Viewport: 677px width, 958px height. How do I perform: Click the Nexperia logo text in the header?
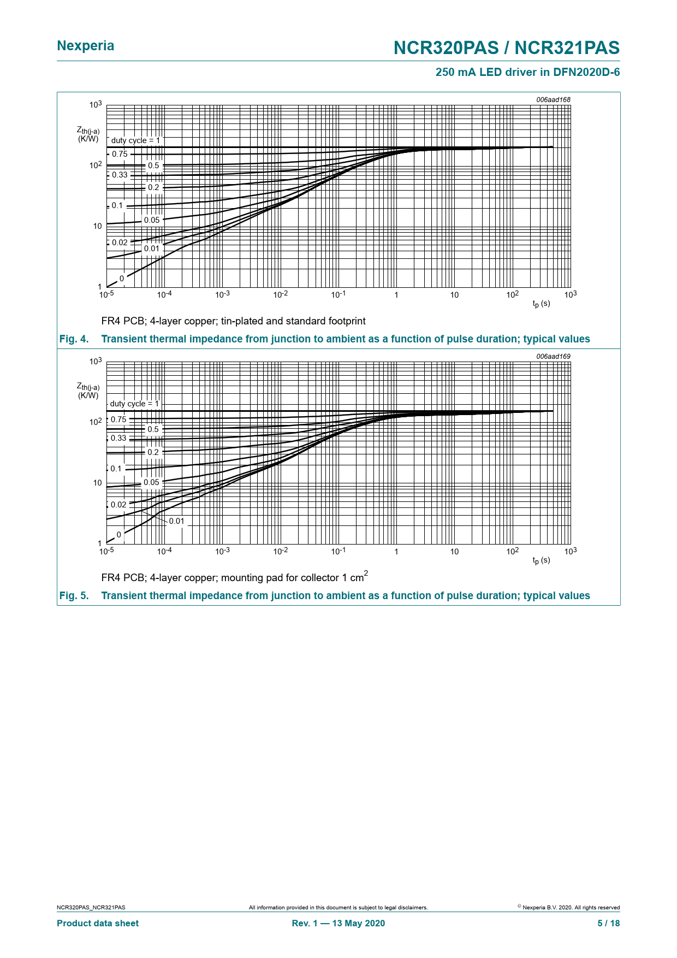coord(86,46)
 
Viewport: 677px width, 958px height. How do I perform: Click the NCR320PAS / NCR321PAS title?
coord(506,48)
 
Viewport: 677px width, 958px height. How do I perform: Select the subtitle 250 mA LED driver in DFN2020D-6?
coord(527,72)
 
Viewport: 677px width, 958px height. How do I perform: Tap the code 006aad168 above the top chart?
coord(553,100)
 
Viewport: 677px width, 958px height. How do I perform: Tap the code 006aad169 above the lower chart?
coord(553,357)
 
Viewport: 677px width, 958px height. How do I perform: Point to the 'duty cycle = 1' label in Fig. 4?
coord(135,140)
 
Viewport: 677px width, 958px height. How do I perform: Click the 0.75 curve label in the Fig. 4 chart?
coord(120,154)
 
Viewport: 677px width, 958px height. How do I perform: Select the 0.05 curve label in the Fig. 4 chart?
coord(152,220)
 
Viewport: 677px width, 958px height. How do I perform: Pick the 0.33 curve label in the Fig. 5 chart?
coord(118,438)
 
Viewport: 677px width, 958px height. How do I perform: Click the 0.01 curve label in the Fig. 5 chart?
coord(176,521)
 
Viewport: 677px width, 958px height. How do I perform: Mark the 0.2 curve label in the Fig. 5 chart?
coord(153,452)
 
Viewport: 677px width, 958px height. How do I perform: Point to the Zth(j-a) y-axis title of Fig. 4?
coord(88,134)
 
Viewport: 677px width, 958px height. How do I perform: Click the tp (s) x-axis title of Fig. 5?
coord(541,560)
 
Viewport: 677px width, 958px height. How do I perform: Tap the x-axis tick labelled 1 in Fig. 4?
coord(396,295)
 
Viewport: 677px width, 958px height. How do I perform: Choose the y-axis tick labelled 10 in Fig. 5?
coord(97,483)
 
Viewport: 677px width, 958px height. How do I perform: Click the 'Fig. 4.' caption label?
coord(74,339)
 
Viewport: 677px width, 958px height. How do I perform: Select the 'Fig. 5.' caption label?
coord(74,596)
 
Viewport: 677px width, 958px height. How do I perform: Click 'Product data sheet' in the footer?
coord(98,923)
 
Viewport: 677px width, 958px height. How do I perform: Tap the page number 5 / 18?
coord(608,923)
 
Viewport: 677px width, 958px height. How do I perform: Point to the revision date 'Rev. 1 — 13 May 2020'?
coord(339,923)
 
